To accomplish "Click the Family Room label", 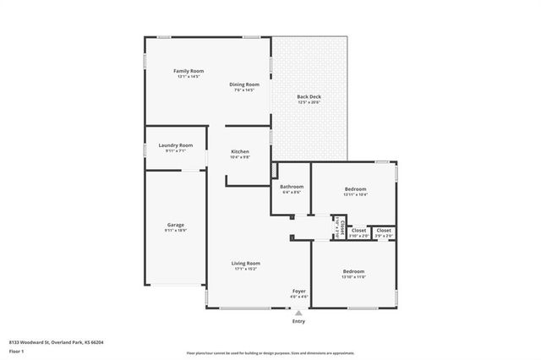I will (189, 71).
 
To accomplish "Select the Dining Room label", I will (245, 85).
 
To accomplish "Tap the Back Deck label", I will (309, 97).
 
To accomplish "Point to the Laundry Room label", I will (176, 145).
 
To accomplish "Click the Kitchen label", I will (240, 152).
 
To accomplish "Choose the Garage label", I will (175, 225).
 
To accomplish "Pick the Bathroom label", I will (292, 186).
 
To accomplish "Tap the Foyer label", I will (298, 291).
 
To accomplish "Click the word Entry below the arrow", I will (298, 321).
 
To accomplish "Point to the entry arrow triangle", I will (298, 312).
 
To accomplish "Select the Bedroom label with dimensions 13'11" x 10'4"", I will (354, 188).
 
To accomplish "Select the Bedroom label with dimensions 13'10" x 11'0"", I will (353, 271).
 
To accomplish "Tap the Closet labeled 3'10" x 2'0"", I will (358, 230).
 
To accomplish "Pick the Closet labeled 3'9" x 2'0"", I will (384, 230).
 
